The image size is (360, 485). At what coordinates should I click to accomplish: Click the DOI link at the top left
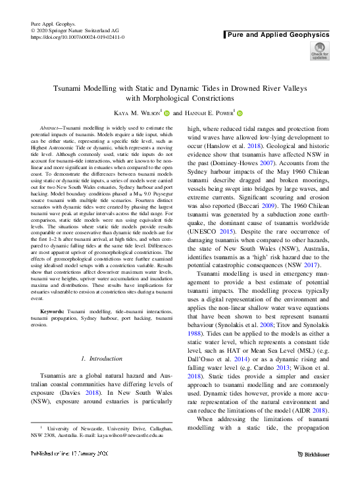78,38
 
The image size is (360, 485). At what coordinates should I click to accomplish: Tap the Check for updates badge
320,51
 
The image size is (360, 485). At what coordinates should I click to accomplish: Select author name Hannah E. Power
209,113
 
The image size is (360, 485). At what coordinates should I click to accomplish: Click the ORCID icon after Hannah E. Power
240,113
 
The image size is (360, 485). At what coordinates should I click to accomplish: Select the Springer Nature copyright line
72,31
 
